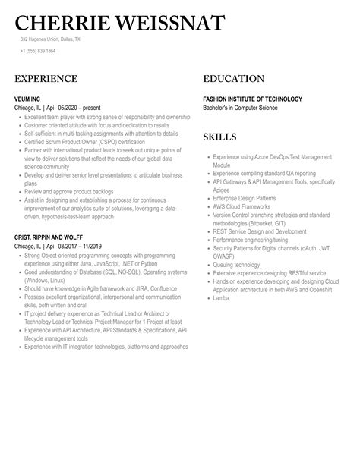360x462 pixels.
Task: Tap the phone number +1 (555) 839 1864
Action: tap(37, 51)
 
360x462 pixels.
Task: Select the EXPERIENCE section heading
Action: tap(46, 79)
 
